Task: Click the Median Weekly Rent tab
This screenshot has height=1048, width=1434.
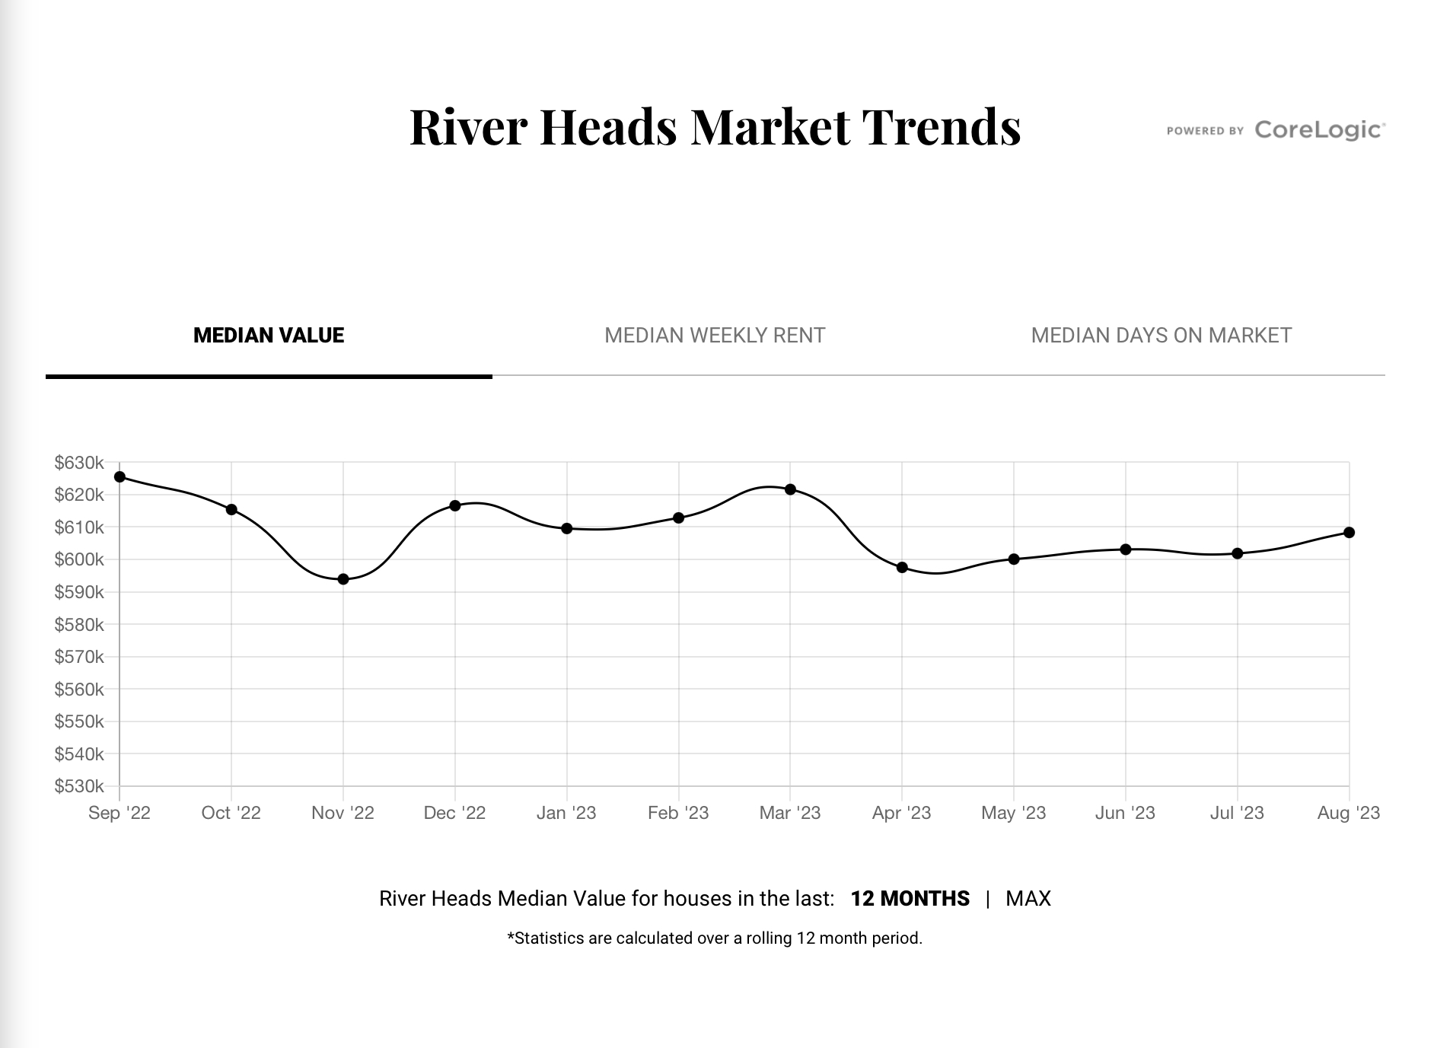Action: tap(714, 336)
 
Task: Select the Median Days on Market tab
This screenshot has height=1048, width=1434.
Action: tap(1161, 336)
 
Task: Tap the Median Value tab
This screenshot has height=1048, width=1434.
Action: tap(269, 336)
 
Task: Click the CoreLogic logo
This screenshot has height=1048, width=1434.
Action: tap(1319, 130)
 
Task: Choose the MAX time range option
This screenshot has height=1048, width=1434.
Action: tap(1028, 899)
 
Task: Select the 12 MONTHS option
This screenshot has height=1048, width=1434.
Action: tap(910, 899)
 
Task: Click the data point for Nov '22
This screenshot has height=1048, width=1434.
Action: tap(343, 579)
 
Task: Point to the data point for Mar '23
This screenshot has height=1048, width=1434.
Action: tap(790, 489)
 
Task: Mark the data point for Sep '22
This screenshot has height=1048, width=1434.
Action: tap(120, 477)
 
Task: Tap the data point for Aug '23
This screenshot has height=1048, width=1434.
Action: tap(1349, 533)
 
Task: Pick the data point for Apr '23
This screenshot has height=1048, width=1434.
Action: tap(902, 567)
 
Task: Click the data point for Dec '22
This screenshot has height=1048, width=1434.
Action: tap(455, 505)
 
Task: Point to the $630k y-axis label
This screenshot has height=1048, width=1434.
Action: tap(79, 463)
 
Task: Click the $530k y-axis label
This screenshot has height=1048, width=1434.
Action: tap(79, 786)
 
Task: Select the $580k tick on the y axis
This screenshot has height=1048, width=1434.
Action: tap(79, 625)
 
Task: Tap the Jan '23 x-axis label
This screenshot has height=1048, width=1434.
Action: tap(566, 813)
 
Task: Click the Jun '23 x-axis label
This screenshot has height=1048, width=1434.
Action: tap(1125, 813)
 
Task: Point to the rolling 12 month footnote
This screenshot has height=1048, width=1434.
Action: tap(715, 938)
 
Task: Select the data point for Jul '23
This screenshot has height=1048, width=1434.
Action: tap(1237, 553)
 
